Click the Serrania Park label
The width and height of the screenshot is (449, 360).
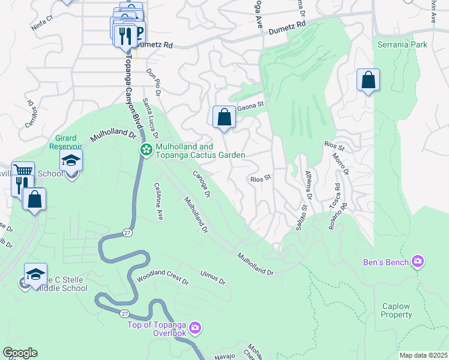[402, 44]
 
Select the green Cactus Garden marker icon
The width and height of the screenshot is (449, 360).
[145, 150]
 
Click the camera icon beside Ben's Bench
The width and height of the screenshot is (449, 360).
[418, 262]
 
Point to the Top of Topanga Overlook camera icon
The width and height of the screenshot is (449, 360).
[194, 328]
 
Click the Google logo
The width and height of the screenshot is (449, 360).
[20, 352]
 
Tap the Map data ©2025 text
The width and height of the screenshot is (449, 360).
[423, 355]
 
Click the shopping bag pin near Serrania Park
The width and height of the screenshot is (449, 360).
[368, 80]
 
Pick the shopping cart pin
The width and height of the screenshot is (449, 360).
[23, 172]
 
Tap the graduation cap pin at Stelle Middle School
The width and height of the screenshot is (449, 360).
[36, 274]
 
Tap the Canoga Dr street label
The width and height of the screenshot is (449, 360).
[202, 184]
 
